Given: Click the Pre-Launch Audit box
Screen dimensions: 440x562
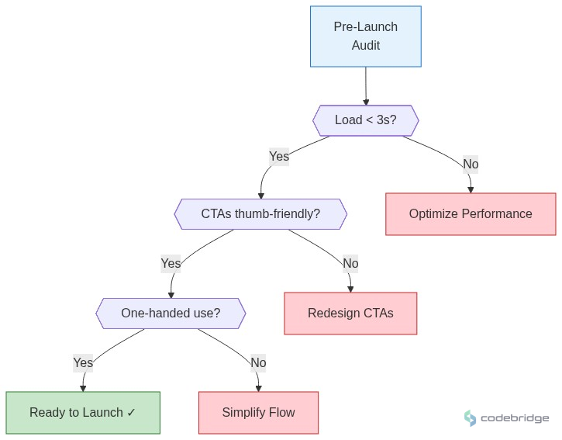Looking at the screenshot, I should (x=365, y=36).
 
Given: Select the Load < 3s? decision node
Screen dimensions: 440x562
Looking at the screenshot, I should (x=365, y=120).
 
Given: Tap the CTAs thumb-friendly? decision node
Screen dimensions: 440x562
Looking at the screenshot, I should (x=260, y=214).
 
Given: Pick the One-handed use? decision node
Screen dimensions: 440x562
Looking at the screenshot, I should (x=171, y=314).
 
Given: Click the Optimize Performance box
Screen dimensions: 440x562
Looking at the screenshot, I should (x=471, y=214).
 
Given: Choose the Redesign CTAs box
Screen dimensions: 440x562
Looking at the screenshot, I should (x=350, y=314).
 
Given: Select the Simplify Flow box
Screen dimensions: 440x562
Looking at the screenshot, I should (x=258, y=413).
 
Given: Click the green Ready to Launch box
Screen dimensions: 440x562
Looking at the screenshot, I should (x=83, y=413).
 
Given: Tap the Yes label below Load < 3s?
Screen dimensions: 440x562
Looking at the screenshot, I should (x=279, y=157).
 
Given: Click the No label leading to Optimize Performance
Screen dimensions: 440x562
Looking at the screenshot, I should (x=471, y=164).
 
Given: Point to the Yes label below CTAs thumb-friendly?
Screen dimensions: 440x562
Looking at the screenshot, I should (x=171, y=264).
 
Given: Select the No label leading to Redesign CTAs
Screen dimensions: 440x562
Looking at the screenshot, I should (x=350, y=264).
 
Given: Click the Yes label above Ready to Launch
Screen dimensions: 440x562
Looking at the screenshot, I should (x=83, y=362).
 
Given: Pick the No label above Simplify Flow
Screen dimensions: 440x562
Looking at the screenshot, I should (x=258, y=362).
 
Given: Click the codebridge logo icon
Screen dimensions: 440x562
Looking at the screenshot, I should (x=470, y=418).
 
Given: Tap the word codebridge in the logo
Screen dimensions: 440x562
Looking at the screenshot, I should (x=515, y=418).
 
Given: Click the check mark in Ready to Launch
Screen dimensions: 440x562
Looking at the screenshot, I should (x=131, y=413).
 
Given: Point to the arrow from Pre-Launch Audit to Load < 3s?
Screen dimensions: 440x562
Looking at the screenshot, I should (x=366, y=86).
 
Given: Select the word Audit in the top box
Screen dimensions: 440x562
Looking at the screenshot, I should (x=366, y=46).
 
